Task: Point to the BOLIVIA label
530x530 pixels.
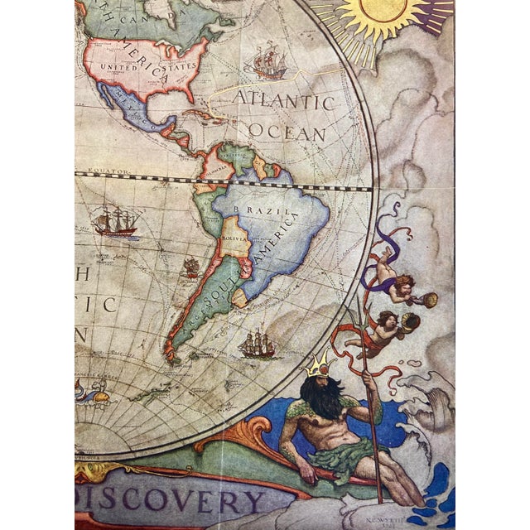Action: click(x=234, y=238)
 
